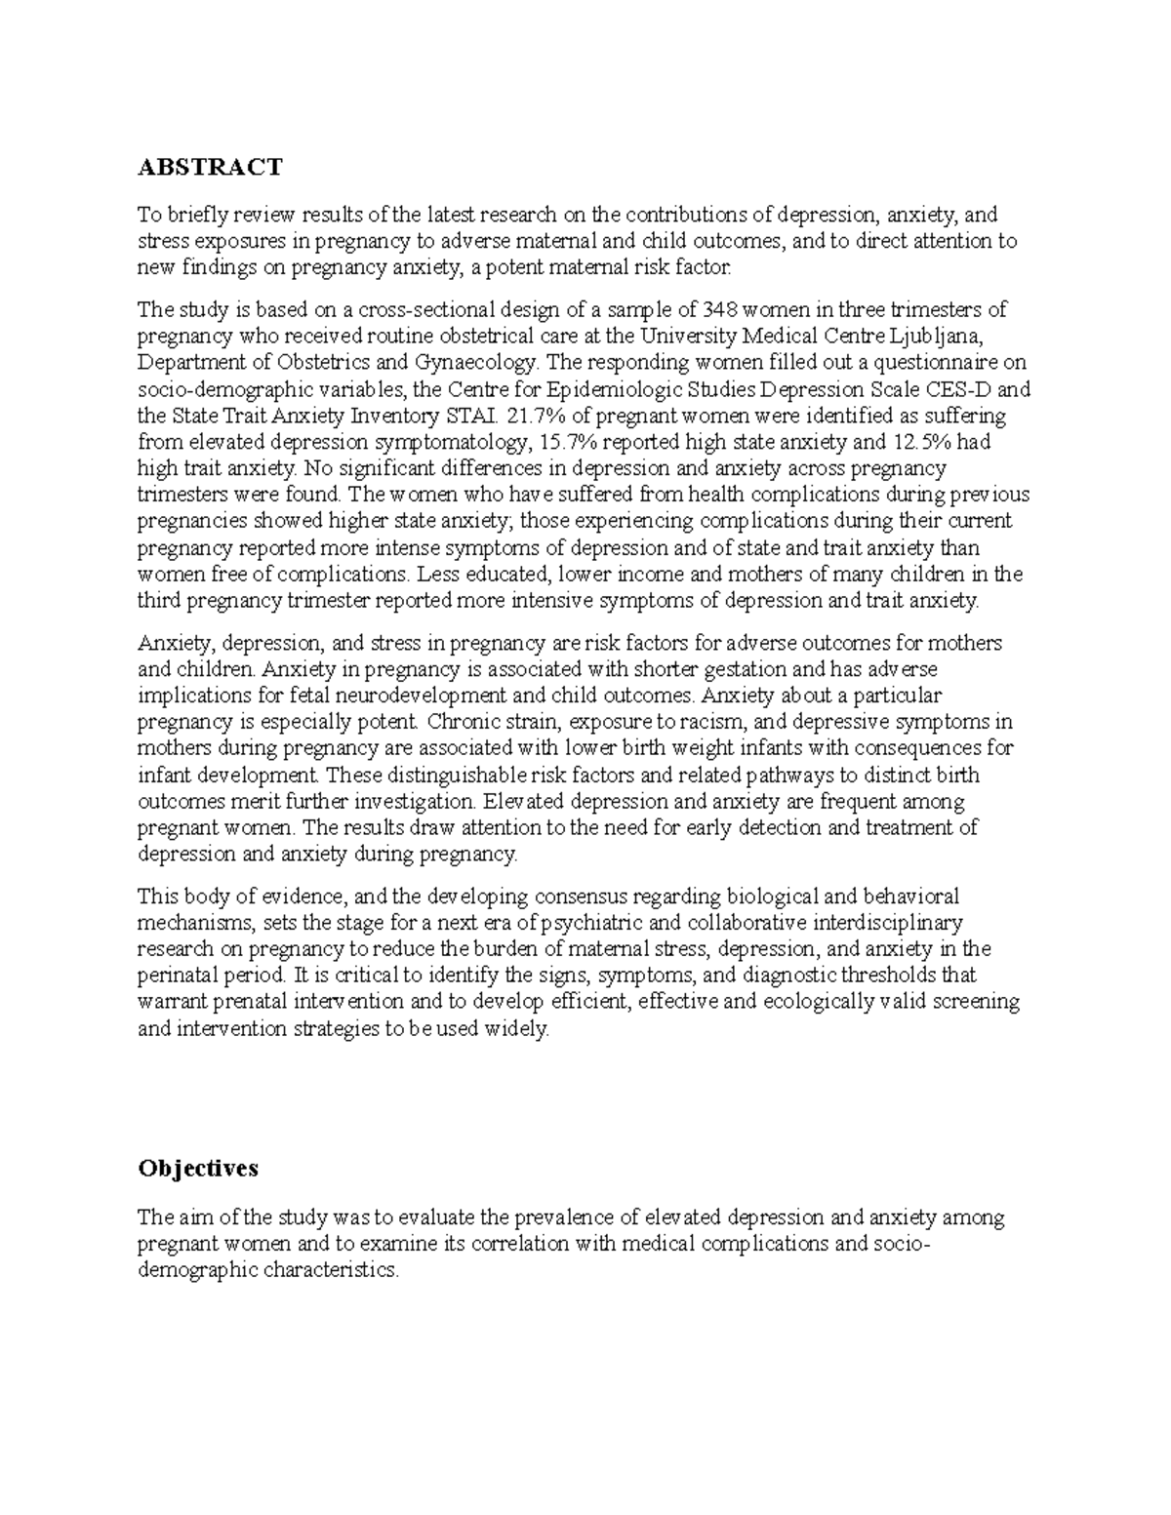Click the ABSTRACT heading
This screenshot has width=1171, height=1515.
(210, 168)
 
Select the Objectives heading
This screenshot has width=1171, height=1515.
(198, 1168)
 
